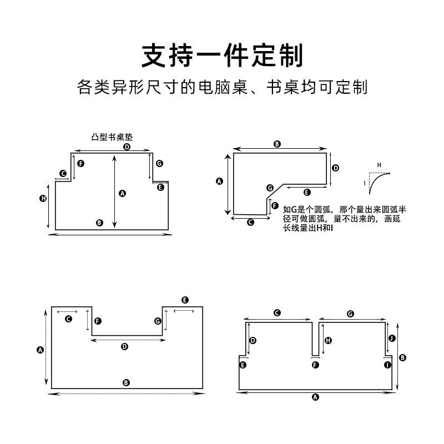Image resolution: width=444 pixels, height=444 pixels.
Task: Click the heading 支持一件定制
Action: [222, 56]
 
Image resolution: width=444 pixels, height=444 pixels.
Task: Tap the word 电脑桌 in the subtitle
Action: [220, 88]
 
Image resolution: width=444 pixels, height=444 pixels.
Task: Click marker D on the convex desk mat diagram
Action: [127, 147]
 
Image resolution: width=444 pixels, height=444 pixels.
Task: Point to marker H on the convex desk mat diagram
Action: [43, 198]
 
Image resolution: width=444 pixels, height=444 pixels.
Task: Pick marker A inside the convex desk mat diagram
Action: [123, 193]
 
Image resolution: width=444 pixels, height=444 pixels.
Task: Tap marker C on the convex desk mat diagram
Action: [63, 174]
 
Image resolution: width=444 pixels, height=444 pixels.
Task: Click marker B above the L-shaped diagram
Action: [277, 144]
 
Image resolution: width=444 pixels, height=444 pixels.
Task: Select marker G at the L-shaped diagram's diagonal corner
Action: [270, 188]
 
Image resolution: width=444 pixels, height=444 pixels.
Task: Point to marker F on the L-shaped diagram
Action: [275, 206]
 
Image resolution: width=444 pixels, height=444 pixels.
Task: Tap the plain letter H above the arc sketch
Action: [380, 165]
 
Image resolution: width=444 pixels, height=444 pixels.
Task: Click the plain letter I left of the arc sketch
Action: [365, 183]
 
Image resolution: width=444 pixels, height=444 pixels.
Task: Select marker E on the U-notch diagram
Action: [185, 300]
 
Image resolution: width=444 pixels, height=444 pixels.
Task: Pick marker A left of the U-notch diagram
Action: [40, 350]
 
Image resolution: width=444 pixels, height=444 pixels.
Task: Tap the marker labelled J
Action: [392, 338]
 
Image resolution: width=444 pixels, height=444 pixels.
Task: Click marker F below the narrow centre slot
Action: [316, 365]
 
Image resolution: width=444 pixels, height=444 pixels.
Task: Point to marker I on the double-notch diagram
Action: [387, 365]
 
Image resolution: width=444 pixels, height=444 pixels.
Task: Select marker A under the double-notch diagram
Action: [316, 397]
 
